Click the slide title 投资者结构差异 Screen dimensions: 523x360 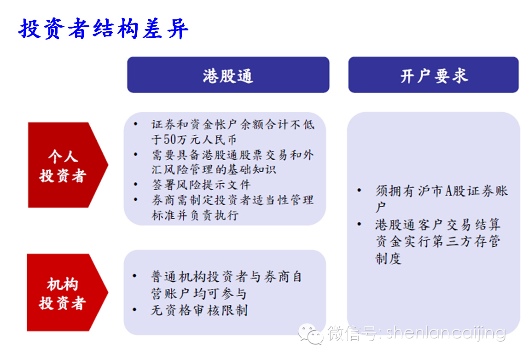104,29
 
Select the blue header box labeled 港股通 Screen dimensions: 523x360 228,75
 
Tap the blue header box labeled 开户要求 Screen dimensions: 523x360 433,75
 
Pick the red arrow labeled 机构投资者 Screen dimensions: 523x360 67,292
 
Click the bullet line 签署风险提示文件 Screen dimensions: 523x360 201,185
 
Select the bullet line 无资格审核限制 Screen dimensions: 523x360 199,310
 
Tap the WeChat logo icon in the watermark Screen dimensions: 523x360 310,334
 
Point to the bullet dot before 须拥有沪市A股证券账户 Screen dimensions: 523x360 359,191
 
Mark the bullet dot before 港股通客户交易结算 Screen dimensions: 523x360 359,224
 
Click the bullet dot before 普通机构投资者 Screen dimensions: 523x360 135,276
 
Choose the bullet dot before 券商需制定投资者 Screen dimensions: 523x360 135,199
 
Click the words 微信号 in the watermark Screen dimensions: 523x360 353,333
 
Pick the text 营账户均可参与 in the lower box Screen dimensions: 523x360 199,294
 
